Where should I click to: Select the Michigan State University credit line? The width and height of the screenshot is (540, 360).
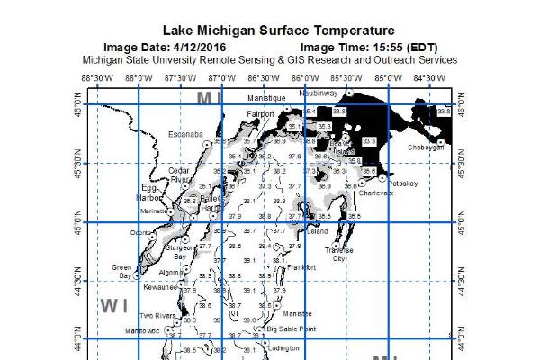click(270, 60)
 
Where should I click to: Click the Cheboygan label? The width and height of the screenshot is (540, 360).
click(427, 147)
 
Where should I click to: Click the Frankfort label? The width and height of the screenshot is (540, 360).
click(301, 267)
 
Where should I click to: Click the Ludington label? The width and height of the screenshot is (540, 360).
click(283, 347)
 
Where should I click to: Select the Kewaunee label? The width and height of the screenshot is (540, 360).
click(161, 287)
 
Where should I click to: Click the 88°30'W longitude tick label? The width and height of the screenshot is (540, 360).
click(96, 78)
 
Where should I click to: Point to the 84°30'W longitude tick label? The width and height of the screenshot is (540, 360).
click(429, 78)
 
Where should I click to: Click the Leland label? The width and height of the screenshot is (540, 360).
click(318, 231)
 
